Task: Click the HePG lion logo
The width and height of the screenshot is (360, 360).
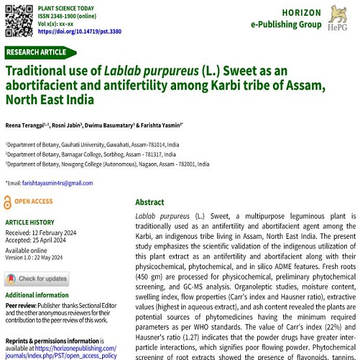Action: coord(340,18)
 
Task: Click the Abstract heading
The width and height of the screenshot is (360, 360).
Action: coord(150,202)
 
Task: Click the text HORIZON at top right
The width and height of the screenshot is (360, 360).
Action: coord(302,12)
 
